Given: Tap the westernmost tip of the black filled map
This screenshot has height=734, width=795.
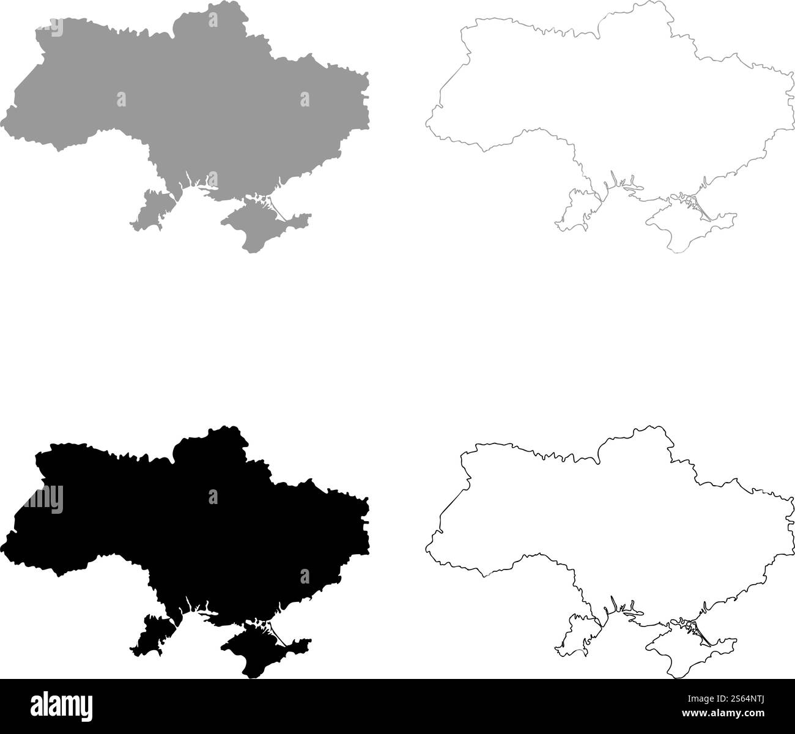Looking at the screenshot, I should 7,541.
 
